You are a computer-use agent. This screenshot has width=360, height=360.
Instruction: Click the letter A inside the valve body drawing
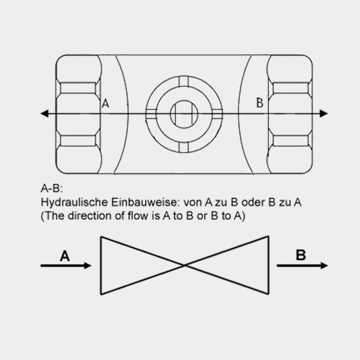[105, 104]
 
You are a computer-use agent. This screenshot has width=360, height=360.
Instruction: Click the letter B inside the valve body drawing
[260, 103]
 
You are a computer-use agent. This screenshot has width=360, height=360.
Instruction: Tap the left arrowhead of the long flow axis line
[44, 114]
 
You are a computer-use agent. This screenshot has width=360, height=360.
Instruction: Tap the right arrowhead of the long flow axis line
[324, 114]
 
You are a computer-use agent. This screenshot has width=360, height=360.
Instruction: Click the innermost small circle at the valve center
[184, 114]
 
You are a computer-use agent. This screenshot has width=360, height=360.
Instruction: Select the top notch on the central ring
[184, 81]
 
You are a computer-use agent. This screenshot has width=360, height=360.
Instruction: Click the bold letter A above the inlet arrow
[65, 256]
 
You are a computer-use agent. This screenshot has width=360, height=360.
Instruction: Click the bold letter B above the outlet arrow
[301, 255]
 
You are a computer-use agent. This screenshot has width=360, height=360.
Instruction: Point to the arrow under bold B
[302, 266]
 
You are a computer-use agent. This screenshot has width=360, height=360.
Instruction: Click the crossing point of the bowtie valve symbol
[185, 265]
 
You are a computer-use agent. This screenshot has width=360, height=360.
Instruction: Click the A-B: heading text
[52, 188]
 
